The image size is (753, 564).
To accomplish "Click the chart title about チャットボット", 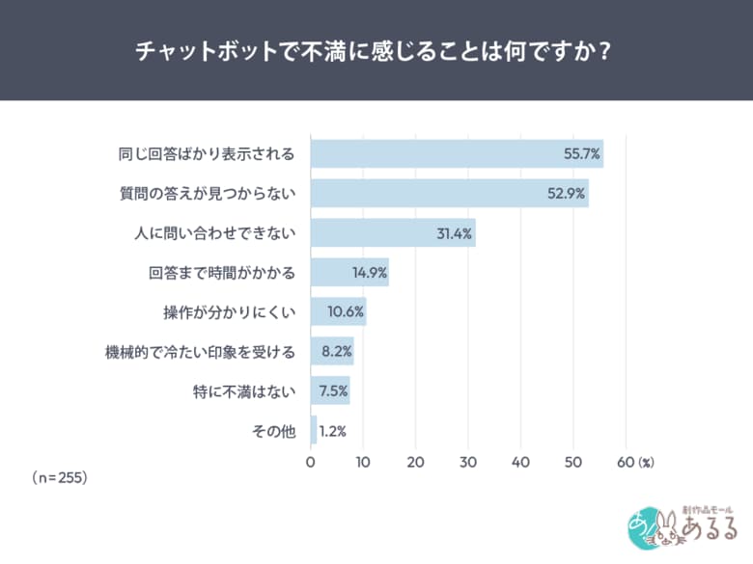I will (376, 50).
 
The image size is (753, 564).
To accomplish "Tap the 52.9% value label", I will (566, 194).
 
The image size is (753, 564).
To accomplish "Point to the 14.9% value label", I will (368, 273).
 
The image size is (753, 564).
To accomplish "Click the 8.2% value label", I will (334, 352).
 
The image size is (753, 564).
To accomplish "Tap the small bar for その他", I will (314, 431).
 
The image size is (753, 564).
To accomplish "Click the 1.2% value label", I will (333, 431).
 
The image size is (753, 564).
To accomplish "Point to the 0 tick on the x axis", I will (311, 463).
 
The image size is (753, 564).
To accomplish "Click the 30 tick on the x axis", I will (468, 463).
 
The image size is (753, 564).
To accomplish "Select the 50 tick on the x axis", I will (572, 463).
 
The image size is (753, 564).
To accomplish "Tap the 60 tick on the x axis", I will (625, 463).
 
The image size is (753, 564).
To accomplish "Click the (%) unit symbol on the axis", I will (647, 463).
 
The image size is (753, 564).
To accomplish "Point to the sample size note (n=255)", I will (60, 477).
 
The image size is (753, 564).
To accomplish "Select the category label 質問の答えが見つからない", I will (208, 194).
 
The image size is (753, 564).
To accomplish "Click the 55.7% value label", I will (582, 154).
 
